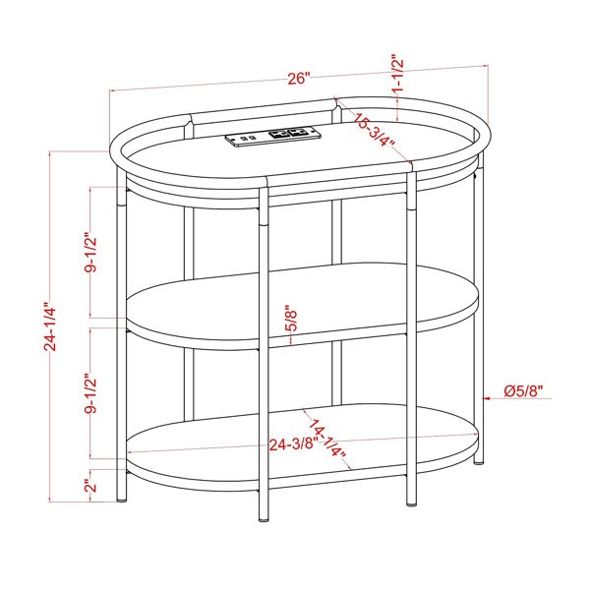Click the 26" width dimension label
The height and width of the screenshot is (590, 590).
click(298, 79)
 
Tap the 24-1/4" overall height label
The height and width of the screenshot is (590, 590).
click(50, 326)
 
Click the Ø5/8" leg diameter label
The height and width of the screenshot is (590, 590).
click(523, 391)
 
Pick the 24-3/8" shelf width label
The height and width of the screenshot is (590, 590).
click(292, 444)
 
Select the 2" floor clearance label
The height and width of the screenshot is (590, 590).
click(90, 486)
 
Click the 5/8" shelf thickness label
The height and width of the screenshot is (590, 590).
click(291, 318)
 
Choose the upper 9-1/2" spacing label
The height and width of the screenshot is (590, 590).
click(90, 255)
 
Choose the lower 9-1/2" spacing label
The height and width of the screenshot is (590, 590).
click(90, 394)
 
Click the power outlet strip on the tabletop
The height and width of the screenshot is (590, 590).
click(273, 137)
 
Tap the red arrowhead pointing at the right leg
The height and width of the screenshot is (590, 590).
click(486, 397)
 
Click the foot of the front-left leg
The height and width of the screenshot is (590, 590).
click(122, 501)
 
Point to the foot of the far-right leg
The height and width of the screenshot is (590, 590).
click(478, 461)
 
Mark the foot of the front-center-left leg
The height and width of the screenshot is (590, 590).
click(265, 519)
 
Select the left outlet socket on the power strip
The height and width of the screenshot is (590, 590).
click(278, 134)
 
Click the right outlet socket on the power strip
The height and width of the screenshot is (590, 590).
click(297, 132)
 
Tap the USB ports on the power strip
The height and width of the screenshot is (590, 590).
click(249, 138)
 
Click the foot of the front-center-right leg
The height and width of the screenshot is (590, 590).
click(412, 503)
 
